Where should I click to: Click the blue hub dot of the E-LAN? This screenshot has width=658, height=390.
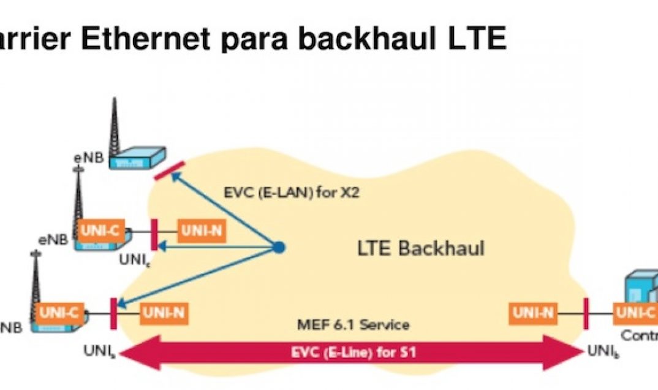tap(279, 248)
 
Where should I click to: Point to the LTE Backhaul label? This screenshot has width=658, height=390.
tap(420, 248)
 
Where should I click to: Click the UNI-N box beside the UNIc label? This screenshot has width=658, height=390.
tap(200, 231)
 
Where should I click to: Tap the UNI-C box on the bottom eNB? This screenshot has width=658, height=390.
tap(59, 312)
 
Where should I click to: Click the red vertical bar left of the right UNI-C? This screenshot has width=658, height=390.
tap(586, 313)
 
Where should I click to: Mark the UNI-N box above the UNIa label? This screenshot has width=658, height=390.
tap(163, 313)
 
